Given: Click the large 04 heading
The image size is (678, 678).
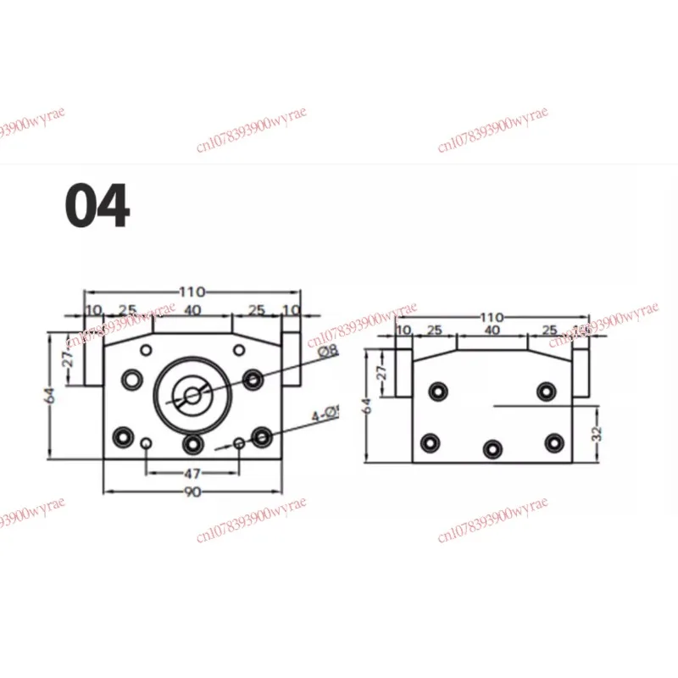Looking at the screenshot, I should click(98, 206).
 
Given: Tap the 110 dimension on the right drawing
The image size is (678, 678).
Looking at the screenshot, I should click(492, 317).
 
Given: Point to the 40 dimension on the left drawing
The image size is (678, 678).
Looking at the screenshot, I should click(192, 310).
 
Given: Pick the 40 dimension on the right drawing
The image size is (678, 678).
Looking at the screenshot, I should click(492, 330).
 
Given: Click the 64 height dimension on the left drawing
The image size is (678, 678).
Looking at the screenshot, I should click(51, 394).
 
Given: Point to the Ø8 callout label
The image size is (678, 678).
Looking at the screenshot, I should click(327, 350).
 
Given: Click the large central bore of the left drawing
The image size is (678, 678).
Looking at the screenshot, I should click(192, 395).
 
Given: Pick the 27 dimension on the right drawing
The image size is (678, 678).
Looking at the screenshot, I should click(381, 371).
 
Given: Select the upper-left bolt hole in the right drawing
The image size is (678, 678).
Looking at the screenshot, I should click(437, 391).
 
